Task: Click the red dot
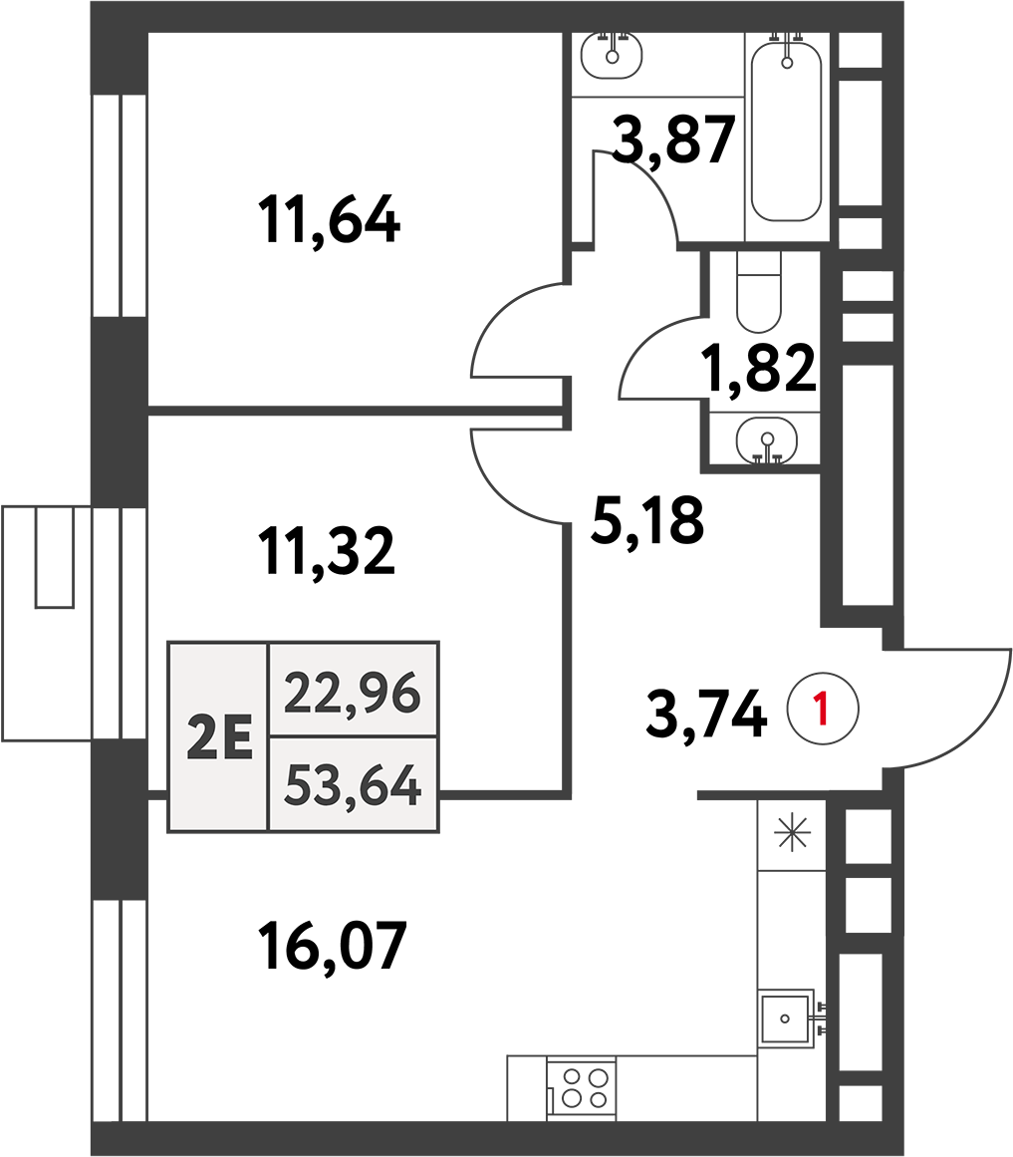[822, 708]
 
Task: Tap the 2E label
[219, 737]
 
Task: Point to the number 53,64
[352, 784]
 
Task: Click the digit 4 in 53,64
[405, 783]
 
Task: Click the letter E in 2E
[237, 737]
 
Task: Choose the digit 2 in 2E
[202, 737]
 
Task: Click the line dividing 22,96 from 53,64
[352, 736]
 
